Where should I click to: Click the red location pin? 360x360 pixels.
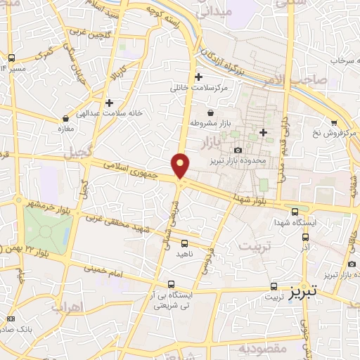coord(181,165)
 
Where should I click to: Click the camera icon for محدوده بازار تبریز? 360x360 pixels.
coord(237,150)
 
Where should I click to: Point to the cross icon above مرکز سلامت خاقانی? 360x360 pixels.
coord(199,77)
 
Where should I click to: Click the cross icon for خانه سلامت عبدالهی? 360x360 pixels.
coord(109,103)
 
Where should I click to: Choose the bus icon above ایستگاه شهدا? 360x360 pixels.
coord(294,210)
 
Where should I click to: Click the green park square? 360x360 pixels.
coord(49,229)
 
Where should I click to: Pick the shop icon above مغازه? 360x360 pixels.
coord(65,118)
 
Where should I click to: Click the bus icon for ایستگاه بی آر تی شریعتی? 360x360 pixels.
coord(163,284)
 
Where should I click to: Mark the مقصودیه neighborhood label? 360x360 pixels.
coord(259,348)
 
